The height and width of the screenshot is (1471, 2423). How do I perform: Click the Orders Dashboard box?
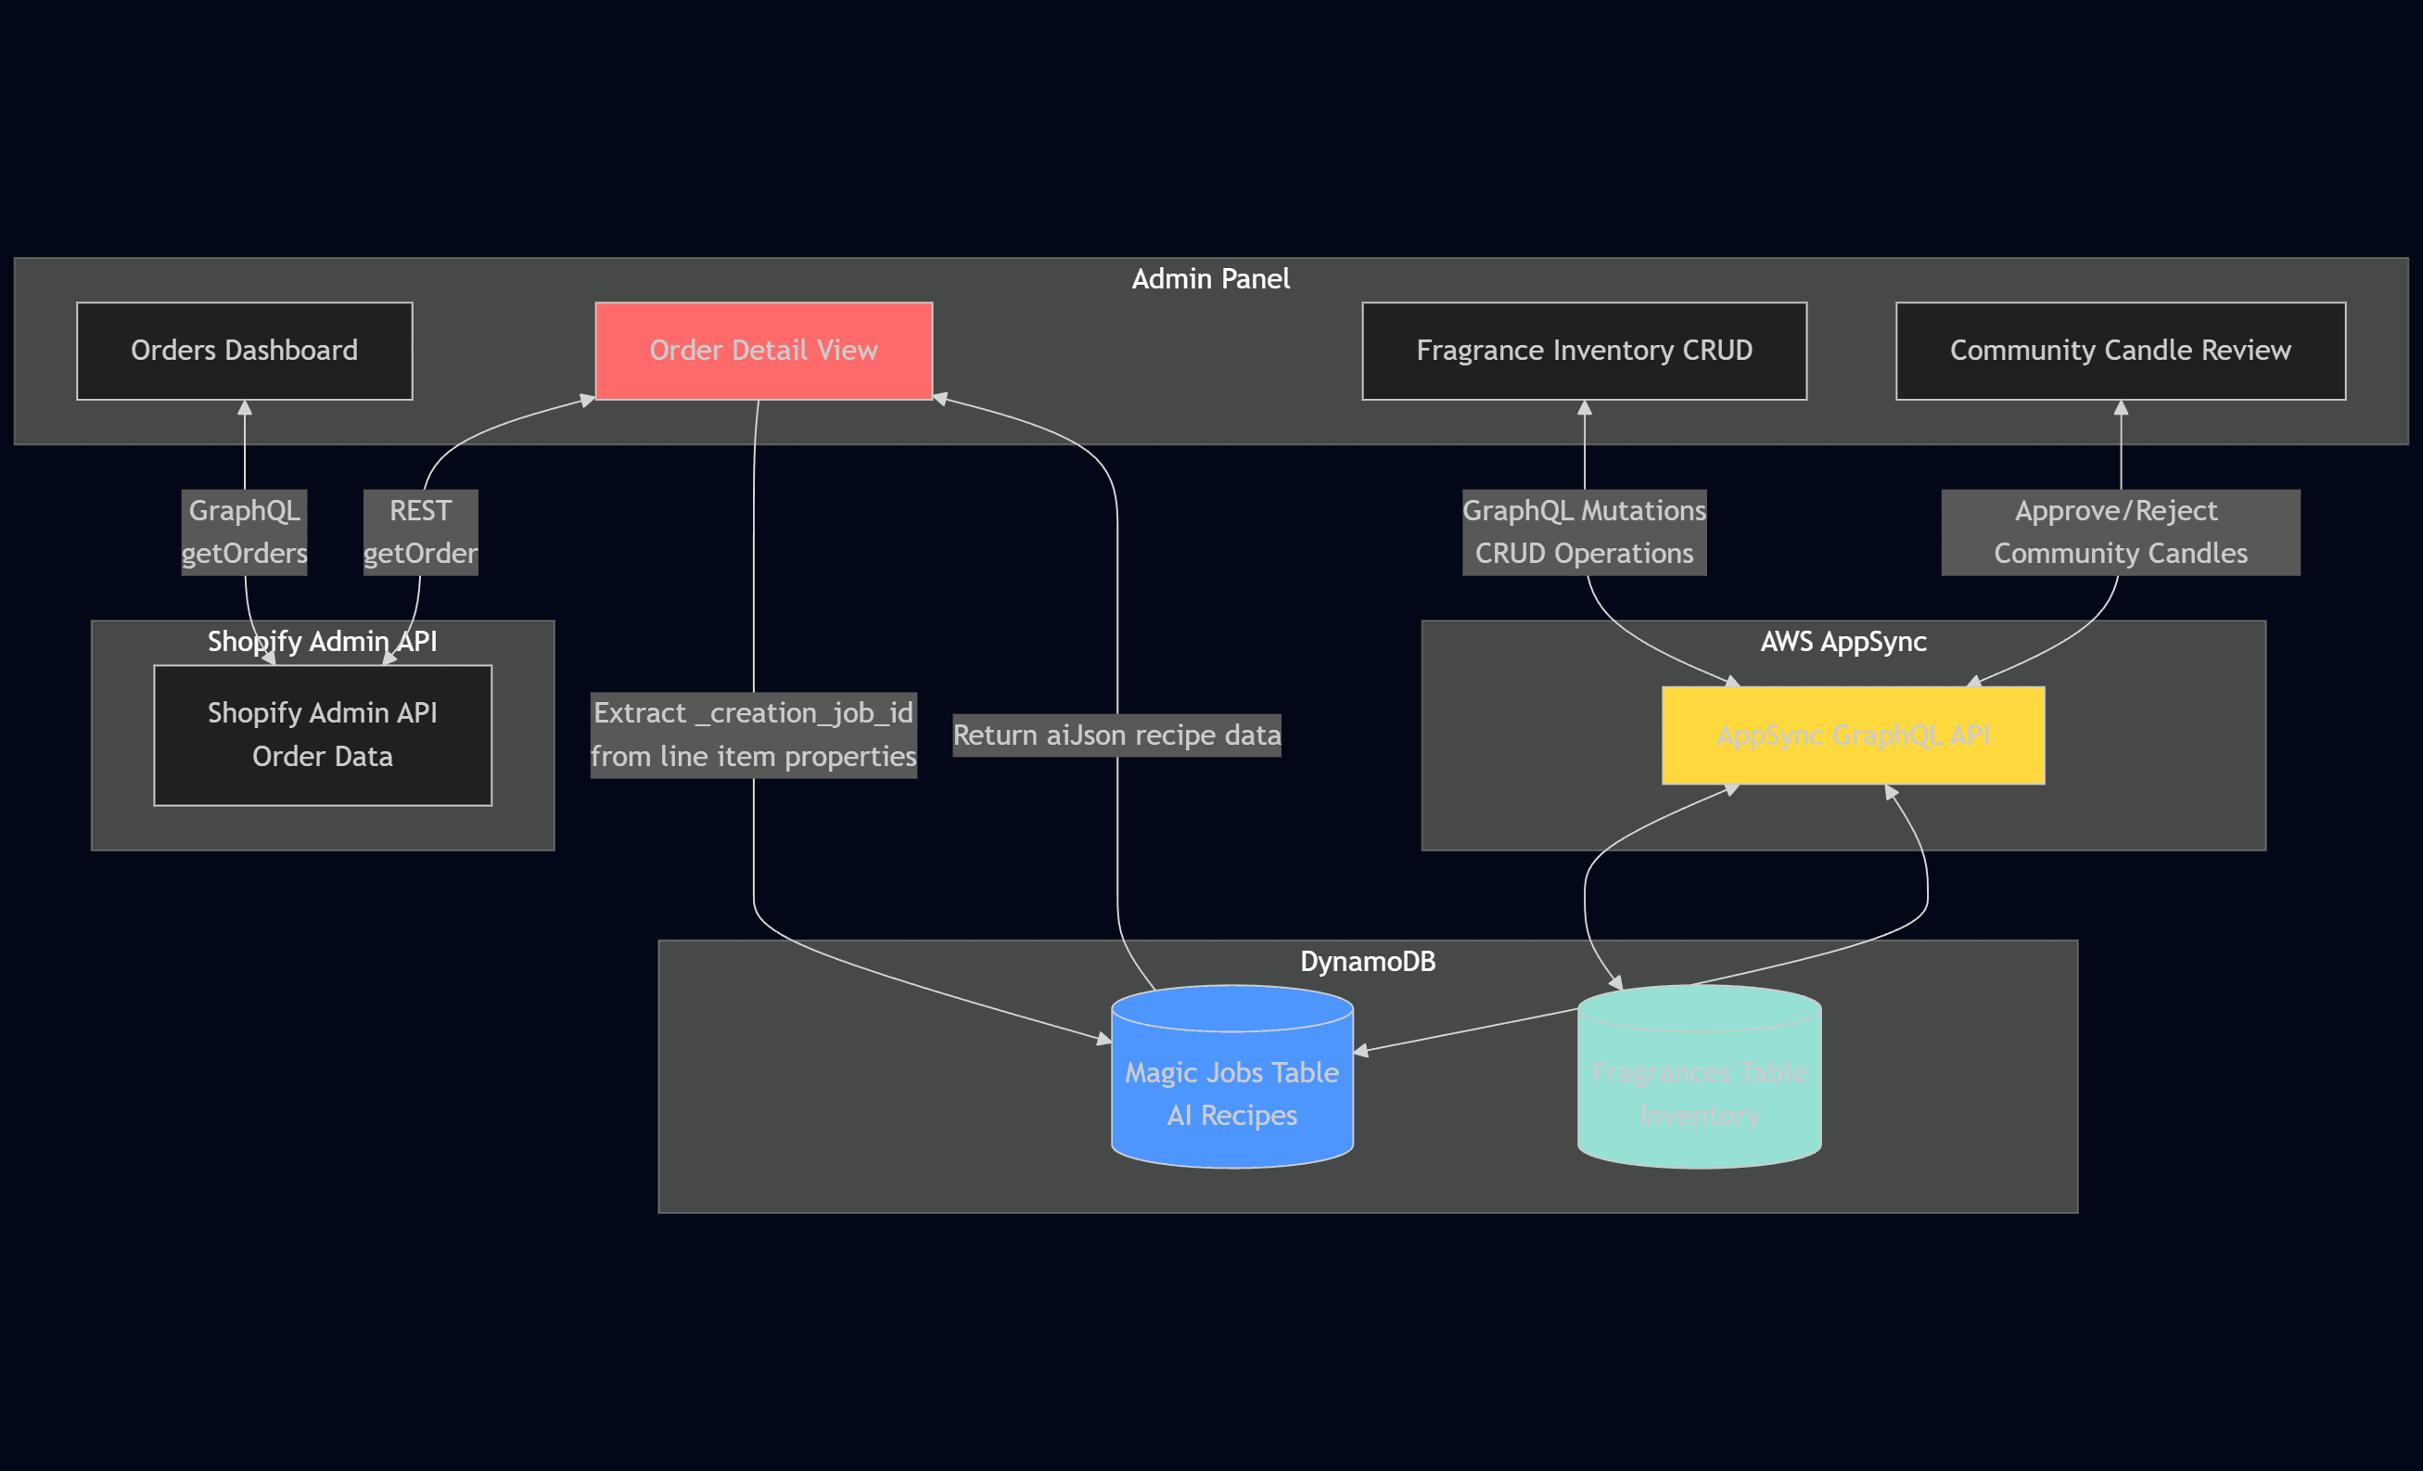pyautogui.click(x=244, y=350)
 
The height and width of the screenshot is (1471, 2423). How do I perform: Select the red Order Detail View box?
pyautogui.click(x=763, y=350)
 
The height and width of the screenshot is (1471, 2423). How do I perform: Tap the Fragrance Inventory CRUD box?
pyautogui.click(x=1583, y=350)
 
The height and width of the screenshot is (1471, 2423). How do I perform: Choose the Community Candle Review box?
pyautogui.click(x=2120, y=350)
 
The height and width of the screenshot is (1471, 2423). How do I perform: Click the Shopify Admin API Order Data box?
pyautogui.click(x=323, y=735)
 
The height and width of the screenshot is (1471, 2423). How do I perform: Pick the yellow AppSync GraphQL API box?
pyautogui.click(x=1853, y=735)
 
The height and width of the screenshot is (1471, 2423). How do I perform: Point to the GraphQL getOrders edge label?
pyautogui.click(x=244, y=532)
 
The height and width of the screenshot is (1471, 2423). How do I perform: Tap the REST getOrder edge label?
pyautogui.click(x=420, y=532)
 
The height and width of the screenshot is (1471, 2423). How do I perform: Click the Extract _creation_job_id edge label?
pyautogui.click(x=753, y=735)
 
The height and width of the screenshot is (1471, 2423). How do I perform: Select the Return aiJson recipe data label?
pyautogui.click(x=1116, y=735)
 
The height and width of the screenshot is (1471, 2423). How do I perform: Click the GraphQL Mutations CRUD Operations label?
pyautogui.click(x=1583, y=532)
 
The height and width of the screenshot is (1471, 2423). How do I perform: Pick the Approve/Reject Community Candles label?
pyautogui.click(x=2120, y=532)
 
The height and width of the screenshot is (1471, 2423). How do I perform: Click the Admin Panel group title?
pyautogui.click(x=1209, y=279)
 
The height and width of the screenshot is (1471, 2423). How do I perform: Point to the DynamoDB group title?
pyautogui.click(x=1367, y=961)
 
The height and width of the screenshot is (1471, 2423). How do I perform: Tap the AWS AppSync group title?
pyautogui.click(x=1843, y=641)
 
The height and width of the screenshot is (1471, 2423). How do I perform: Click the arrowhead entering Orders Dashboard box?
pyautogui.click(x=245, y=407)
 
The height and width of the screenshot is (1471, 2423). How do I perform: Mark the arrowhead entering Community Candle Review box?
pyautogui.click(x=2121, y=407)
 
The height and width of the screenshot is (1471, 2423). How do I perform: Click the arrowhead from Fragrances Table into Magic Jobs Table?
pyautogui.click(x=1362, y=1051)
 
